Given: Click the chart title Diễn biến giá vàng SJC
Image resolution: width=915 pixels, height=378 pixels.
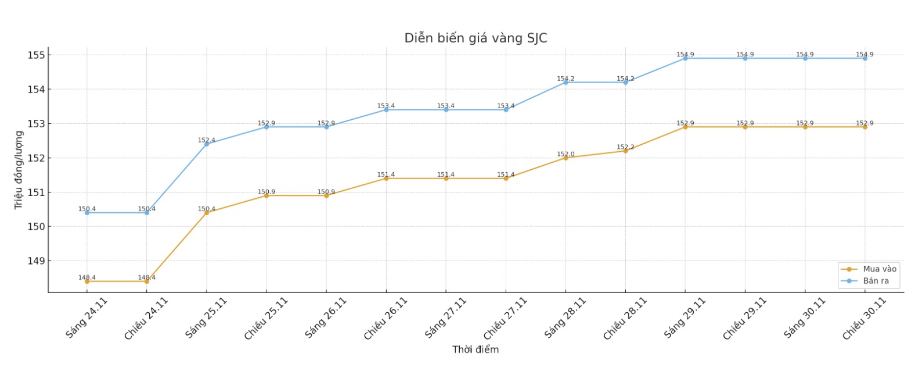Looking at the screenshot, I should [475, 38].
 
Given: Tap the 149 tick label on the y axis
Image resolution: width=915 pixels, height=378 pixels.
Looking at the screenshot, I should [36, 261].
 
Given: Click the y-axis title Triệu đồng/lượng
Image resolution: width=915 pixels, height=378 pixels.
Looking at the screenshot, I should [19, 170].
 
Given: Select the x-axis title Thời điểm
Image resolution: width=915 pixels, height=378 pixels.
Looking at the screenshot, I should [475, 350].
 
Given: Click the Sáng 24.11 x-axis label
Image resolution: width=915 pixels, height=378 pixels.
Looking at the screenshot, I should [87, 318].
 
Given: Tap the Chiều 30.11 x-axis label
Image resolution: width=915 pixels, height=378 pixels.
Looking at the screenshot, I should [864, 318].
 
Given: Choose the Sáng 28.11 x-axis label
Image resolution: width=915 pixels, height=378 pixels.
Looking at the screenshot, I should [565, 318].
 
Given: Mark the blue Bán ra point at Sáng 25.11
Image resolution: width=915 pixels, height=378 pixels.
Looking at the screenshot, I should [207, 144].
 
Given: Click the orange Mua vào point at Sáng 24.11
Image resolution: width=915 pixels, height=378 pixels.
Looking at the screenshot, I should [87, 281].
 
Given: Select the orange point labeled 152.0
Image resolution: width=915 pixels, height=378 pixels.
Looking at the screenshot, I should [565, 158].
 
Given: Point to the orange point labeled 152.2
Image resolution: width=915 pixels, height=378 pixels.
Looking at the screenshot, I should [625, 151].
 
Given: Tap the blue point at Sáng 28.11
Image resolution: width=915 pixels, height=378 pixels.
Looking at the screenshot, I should [565, 83].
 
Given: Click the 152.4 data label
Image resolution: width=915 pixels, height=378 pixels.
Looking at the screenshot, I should [206, 140].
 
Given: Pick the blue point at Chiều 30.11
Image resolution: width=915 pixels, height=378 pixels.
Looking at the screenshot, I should [864, 58].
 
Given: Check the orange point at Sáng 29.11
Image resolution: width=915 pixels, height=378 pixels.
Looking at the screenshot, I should [685, 127].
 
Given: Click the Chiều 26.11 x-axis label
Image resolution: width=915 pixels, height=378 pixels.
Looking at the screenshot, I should [386, 318].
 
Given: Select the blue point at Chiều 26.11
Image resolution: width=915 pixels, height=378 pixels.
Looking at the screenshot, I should [386, 109].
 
